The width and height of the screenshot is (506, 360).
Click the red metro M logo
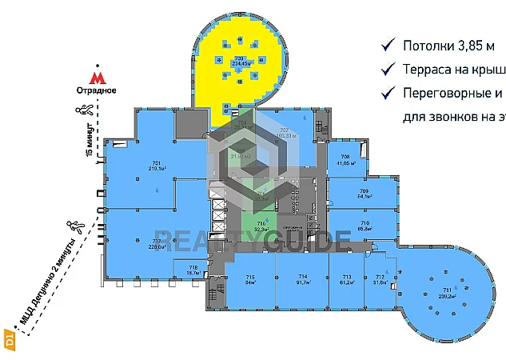97,78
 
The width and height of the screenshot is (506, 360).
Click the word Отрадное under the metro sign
97,90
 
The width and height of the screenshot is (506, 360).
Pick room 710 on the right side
364,226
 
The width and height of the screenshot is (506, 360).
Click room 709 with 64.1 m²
364,194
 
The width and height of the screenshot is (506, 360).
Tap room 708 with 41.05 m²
345,160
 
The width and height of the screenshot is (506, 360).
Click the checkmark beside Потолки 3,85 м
388,45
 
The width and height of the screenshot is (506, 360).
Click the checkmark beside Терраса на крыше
388,69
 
